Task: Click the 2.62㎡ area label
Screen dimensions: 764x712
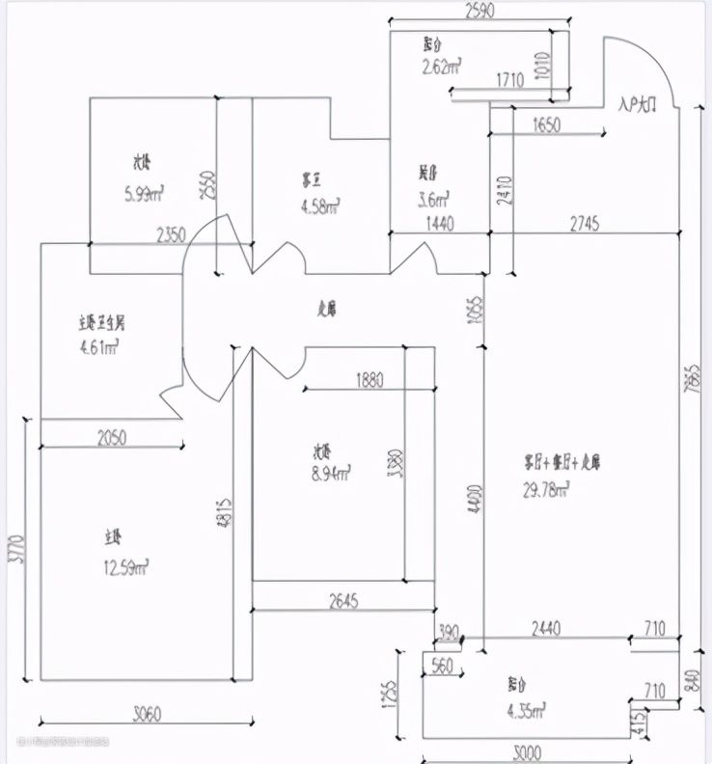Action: [440, 67]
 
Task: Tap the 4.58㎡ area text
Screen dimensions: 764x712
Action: [320, 205]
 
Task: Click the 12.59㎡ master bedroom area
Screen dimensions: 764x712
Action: [126, 568]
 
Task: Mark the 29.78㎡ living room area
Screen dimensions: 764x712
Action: [546, 491]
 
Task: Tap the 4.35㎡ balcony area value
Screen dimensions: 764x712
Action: [524, 710]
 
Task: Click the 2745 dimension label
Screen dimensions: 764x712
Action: [585, 224]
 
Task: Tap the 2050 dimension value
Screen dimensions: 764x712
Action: [112, 437]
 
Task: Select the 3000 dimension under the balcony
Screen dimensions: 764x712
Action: [527, 752]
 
